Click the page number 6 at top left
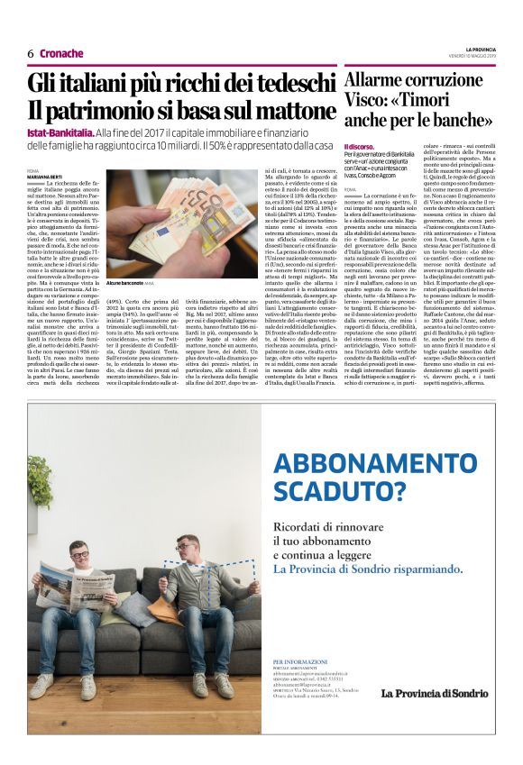coord(31,54)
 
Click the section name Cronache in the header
coord(61,54)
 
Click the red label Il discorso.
coord(360,146)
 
